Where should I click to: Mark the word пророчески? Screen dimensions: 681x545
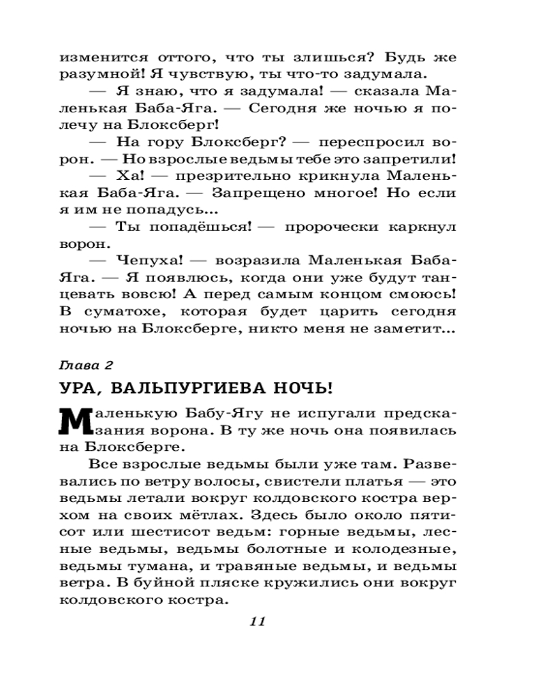[x=337, y=227]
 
